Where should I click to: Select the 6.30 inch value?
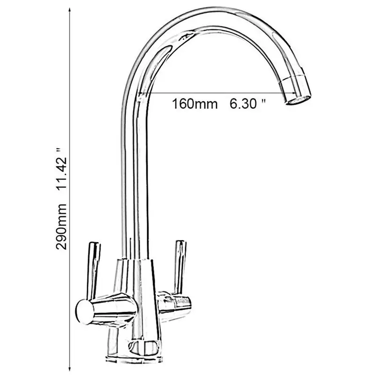coord(243,104)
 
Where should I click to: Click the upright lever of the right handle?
coord(179,265)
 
